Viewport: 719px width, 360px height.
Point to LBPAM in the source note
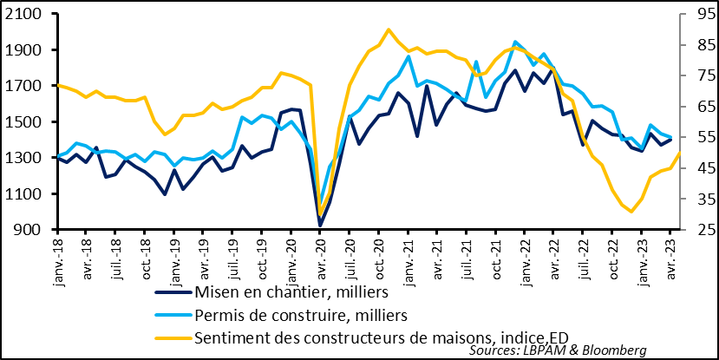(536, 350)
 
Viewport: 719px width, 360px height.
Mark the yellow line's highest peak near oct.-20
(388, 29)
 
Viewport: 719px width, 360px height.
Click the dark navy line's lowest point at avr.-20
(320, 226)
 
